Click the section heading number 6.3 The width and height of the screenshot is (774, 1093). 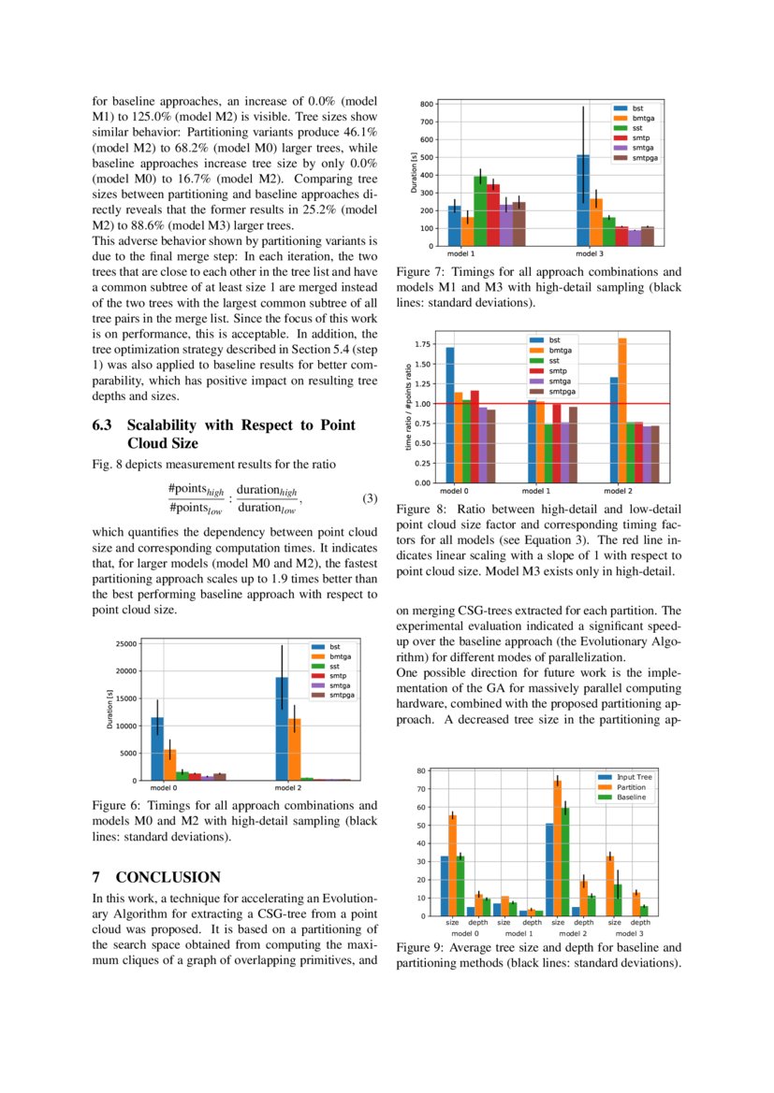pos(102,425)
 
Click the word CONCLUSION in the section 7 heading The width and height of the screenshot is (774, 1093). pos(168,877)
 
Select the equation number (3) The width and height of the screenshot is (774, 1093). pos(369,498)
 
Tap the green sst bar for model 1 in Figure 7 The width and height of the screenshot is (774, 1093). pos(480,211)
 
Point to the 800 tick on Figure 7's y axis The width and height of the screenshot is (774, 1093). pos(426,104)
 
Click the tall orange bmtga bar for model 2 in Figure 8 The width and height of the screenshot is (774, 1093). pos(622,411)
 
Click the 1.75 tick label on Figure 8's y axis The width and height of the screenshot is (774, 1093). pos(421,345)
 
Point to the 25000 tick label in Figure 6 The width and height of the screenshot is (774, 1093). pos(124,643)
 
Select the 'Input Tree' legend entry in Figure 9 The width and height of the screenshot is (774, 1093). pos(633,777)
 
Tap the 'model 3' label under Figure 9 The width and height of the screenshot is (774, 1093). pos(627,933)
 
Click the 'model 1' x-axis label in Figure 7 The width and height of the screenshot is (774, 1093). pos(460,254)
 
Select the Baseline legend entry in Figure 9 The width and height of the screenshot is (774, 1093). pos(631,798)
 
